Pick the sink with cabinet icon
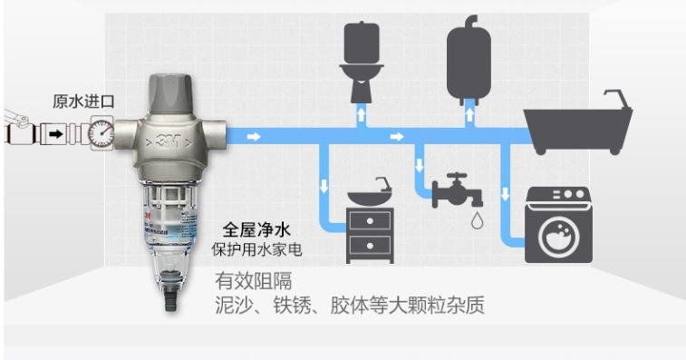370,221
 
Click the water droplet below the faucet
477,219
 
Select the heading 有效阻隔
253,279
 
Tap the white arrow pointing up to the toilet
362,114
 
